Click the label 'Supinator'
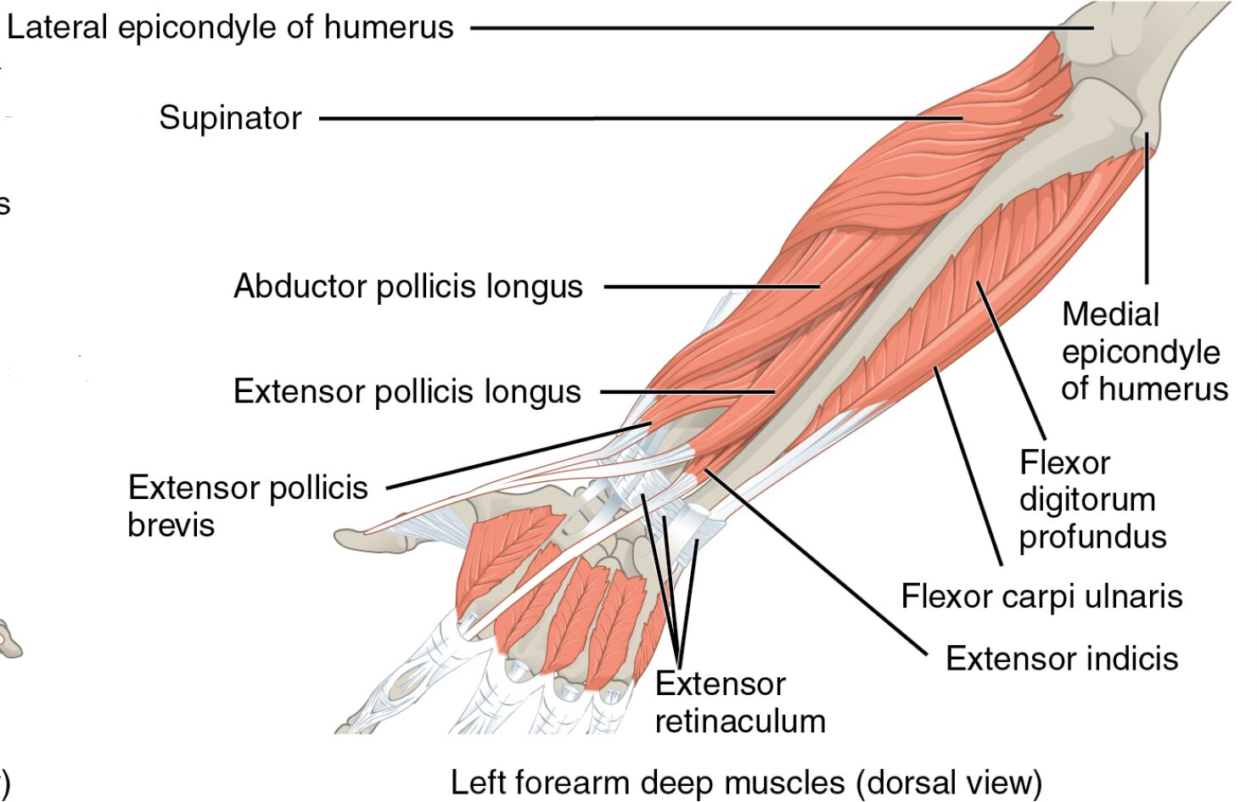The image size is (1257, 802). pyautogui.click(x=230, y=118)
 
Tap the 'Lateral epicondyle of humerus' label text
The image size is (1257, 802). pyautogui.click(x=230, y=28)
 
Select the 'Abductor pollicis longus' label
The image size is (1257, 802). pyautogui.click(x=408, y=287)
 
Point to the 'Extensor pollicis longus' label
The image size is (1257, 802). pyautogui.click(x=407, y=392)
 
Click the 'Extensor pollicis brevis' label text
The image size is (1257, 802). pyautogui.click(x=247, y=506)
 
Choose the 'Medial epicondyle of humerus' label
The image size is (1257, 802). pyautogui.click(x=1143, y=351)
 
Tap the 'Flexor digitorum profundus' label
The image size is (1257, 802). pyautogui.click(x=1092, y=500)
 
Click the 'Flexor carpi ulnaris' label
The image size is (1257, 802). pyautogui.click(x=1041, y=597)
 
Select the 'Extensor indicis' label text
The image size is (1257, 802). pyautogui.click(x=1062, y=659)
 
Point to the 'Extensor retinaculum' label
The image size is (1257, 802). pyautogui.click(x=739, y=703)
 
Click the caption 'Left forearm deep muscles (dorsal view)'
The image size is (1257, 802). pyautogui.click(x=745, y=782)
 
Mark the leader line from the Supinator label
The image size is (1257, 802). pyautogui.click(x=637, y=118)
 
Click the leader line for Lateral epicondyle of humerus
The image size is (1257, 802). pyautogui.click(x=764, y=28)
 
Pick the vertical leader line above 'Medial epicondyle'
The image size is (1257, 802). pyautogui.click(x=1147, y=212)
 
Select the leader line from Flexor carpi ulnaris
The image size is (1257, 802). pyautogui.click(x=968, y=467)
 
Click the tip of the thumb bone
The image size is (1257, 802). pyautogui.click(x=344, y=538)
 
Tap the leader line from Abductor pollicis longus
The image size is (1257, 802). pyautogui.click(x=713, y=287)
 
